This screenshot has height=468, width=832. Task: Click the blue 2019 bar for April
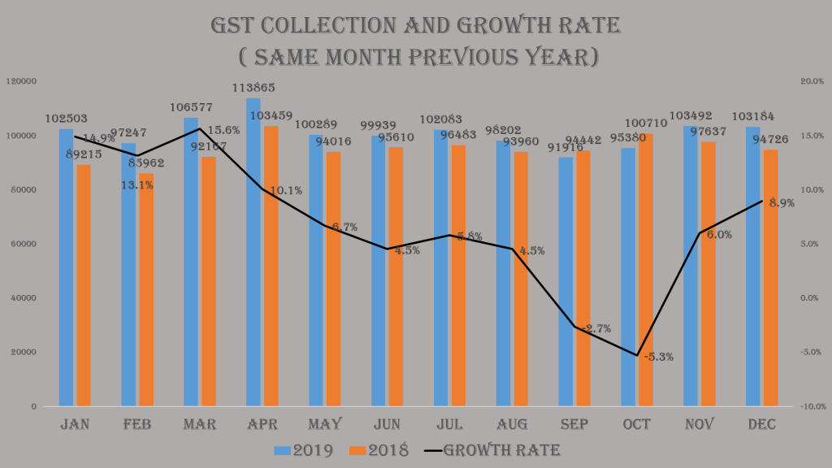coord(253,252)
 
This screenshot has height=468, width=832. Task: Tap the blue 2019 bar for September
coord(566,281)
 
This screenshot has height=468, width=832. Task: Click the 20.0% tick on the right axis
coord(812,81)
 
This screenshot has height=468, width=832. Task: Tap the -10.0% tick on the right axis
coord(811,406)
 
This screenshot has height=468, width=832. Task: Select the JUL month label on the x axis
coord(449,424)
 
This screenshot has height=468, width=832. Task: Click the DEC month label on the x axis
coord(761,424)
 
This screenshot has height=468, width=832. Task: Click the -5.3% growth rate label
coord(658,357)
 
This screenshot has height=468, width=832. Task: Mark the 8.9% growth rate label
coord(781,203)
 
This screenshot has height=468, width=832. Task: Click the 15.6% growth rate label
coord(223,130)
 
